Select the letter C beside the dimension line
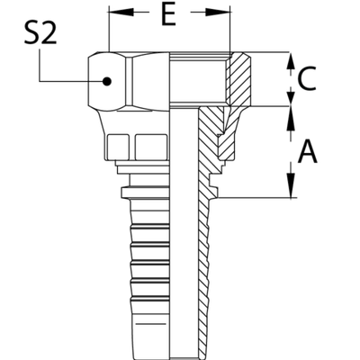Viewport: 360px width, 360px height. (x=307, y=82)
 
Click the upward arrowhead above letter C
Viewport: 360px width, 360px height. (x=290, y=59)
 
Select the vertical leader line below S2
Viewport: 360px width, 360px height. (x=36, y=67)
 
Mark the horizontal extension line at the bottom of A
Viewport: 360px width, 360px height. (x=256, y=196)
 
